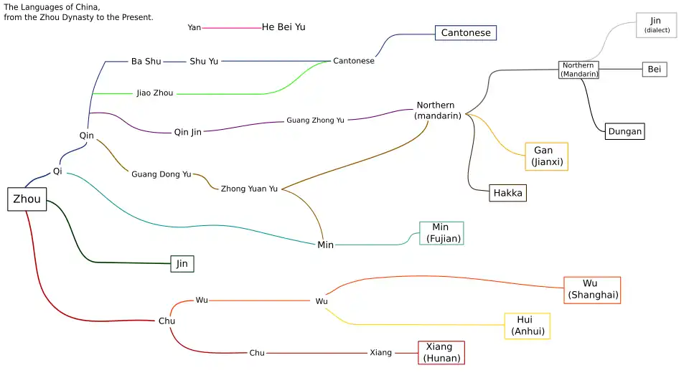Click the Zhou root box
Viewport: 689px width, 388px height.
pyautogui.click(x=27, y=199)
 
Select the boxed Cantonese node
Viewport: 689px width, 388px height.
pyautogui.click(x=465, y=33)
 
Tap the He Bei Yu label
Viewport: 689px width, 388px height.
pyautogui.click(x=283, y=27)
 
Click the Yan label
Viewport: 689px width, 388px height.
pyautogui.click(x=194, y=28)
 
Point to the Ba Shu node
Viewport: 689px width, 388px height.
pyautogui.click(x=146, y=62)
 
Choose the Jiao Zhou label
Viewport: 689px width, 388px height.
pyautogui.click(x=154, y=93)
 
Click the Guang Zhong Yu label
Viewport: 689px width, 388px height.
pyautogui.click(x=315, y=120)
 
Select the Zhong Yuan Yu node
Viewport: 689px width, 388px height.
pyautogui.click(x=249, y=189)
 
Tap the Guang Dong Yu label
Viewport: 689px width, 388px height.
pyautogui.click(x=161, y=174)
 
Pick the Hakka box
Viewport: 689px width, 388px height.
pyautogui.click(x=507, y=193)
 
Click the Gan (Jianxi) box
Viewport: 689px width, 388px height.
pyautogui.click(x=545, y=156)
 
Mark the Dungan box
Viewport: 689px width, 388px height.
pyautogui.click(x=624, y=131)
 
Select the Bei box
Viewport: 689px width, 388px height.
pyautogui.click(x=654, y=70)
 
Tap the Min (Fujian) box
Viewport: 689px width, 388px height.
pyautogui.click(x=441, y=233)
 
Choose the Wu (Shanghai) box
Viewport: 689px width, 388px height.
pyautogui.click(x=592, y=290)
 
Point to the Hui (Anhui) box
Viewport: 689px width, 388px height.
pyautogui.click(x=528, y=326)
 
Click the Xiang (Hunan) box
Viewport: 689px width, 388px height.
pyautogui.click(x=441, y=353)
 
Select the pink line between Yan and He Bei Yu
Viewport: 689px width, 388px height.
pyautogui.click(x=231, y=28)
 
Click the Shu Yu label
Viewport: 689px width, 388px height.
pyautogui.click(x=204, y=62)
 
